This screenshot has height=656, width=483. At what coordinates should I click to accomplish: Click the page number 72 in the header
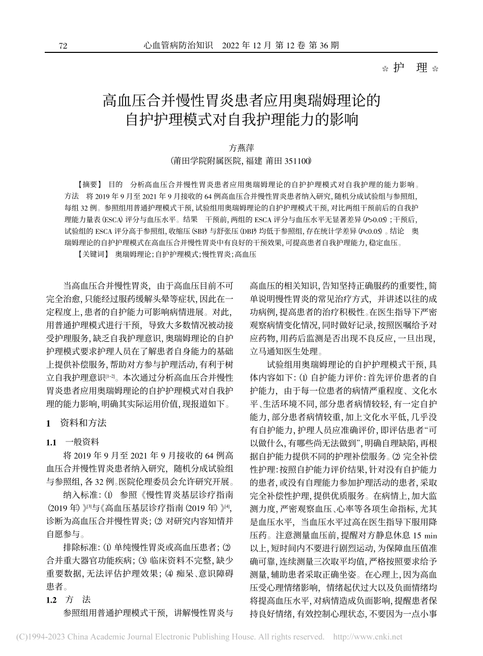63,46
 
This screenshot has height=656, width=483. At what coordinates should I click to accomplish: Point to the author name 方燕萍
241,148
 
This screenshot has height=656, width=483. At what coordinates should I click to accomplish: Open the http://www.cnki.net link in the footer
367,636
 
